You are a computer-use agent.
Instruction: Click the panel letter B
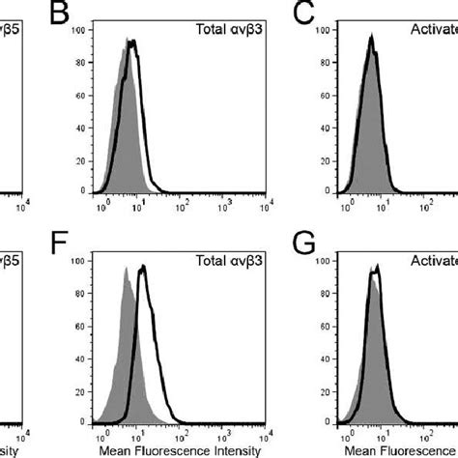(x=61, y=14)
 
